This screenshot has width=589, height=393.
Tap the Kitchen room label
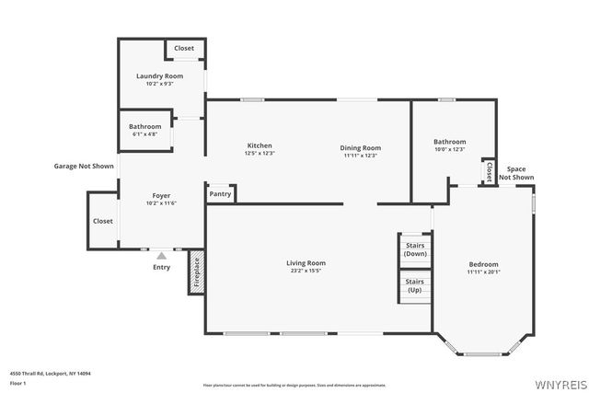pos(259,145)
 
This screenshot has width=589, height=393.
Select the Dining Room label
pos(361,147)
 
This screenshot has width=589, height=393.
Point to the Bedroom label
pos(483,264)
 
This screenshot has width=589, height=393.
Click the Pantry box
pos(221,194)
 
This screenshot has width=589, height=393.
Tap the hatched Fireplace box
pos(196,273)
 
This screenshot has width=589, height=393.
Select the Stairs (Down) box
pos(414,249)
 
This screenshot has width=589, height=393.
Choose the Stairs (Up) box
pos(414,285)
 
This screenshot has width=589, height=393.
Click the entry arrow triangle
pos(162,256)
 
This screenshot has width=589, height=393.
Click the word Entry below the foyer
pos(162,268)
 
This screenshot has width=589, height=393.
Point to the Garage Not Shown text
pos(84,167)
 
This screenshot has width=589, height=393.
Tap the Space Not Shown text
pos(516,173)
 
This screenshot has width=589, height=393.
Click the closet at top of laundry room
pos(184,48)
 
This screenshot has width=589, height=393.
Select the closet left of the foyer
pos(102,221)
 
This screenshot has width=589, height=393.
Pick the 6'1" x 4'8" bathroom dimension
pos(145,134)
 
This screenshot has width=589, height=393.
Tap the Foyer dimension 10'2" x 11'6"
pos(161,203)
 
